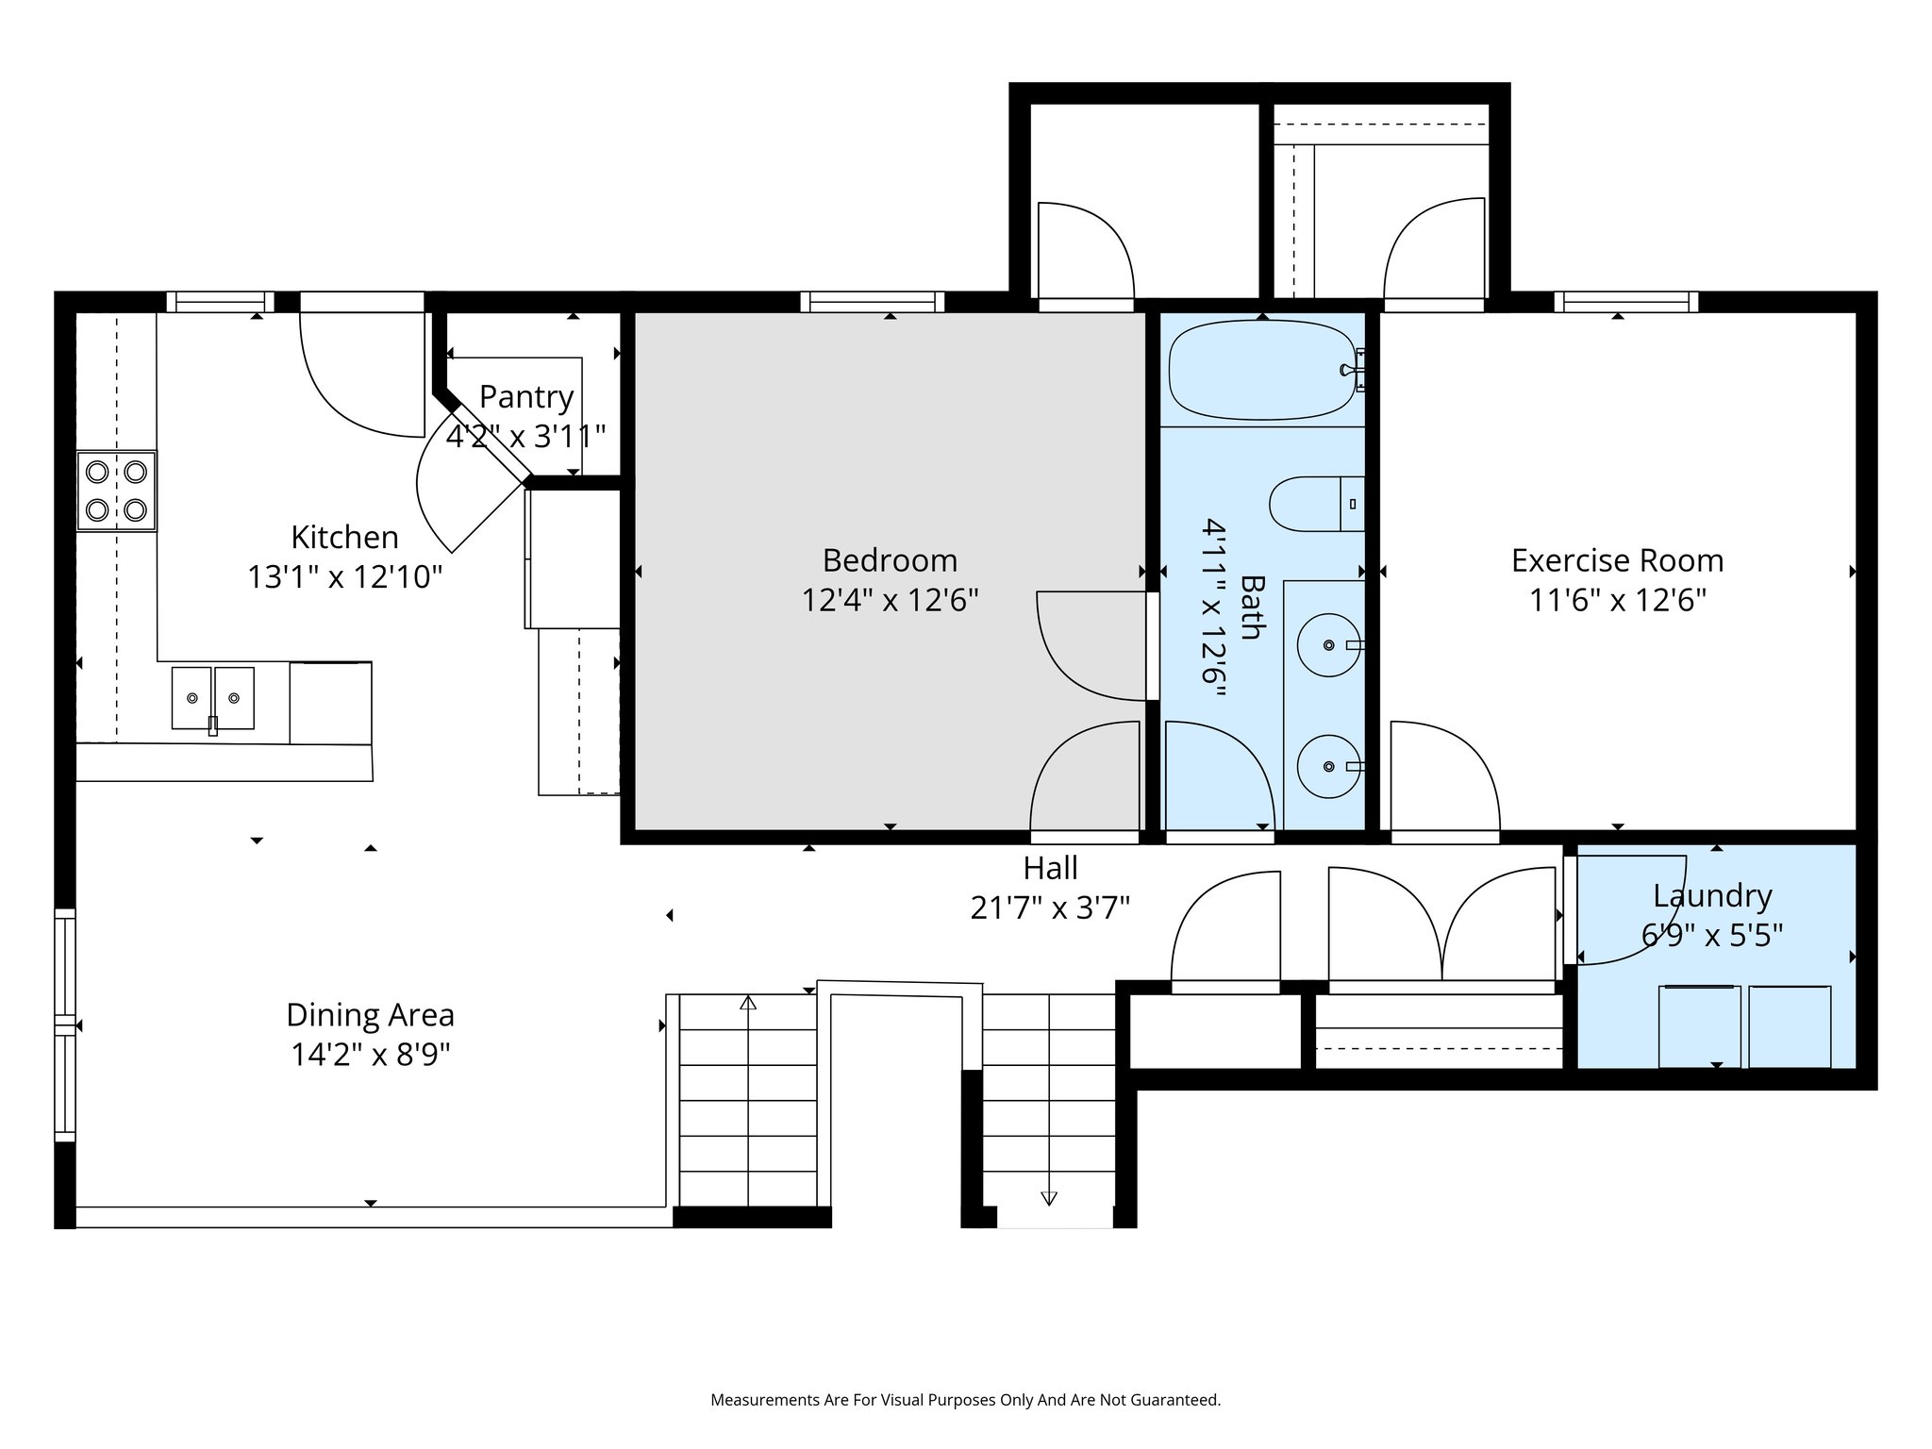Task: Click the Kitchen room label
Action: (344, 537)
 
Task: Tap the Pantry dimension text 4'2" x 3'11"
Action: (525, 437)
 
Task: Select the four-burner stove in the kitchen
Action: (117, 491)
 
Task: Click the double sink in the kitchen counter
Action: (212, 698)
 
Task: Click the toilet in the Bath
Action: (1315, 504)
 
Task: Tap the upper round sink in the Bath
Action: (1328, 645)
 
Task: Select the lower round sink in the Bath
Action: (1328, 766)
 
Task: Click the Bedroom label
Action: (890, 560)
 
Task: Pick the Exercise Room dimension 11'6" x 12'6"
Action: (1617, 600)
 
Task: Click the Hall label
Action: (1050, 868)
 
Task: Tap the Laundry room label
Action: (1711, 895)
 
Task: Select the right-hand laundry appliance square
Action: (1789, 1026)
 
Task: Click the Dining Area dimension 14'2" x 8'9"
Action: (370, 1055)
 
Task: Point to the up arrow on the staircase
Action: (748, 1003)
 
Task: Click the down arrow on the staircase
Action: (1048, 1198)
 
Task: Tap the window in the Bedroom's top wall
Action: (872, 302)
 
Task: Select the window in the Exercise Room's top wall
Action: (1625, 302)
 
